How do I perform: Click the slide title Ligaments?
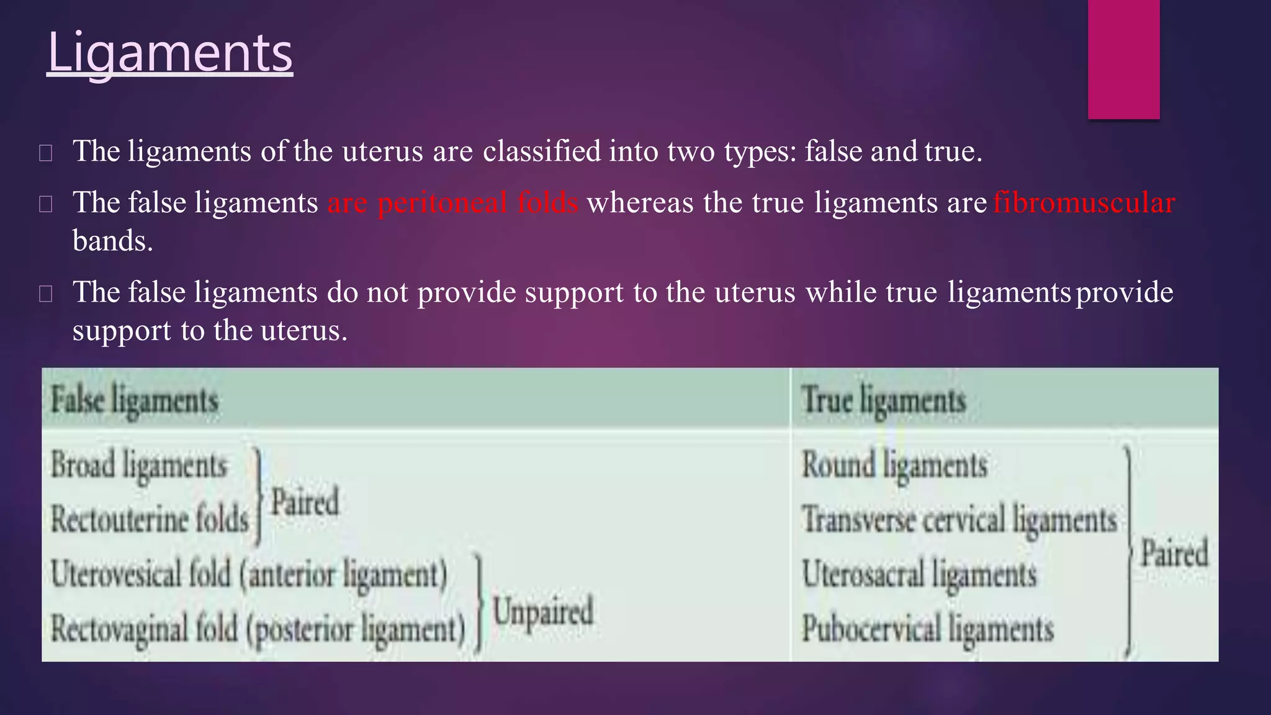(169, 53)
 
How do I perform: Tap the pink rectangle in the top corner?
(1123, 59)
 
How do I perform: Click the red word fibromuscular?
(1084, 203)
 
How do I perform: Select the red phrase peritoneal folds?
(478, 203)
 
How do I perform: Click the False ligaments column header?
(135, 400)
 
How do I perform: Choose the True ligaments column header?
(884, 400)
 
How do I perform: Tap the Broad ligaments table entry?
(139, 465)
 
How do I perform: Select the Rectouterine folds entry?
(150, 519)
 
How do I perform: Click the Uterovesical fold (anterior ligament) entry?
(249, 573)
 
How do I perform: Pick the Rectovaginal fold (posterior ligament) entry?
(258, 629)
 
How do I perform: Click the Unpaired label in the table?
(543, 611)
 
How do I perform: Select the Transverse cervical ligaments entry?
(959, 519)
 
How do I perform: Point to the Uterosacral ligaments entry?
(919, 574)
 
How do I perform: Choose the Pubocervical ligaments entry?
(928, 629)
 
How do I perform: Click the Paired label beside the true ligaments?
(1174, 553)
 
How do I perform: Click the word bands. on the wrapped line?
(112, 241)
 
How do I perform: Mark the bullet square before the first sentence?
(45, 153)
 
